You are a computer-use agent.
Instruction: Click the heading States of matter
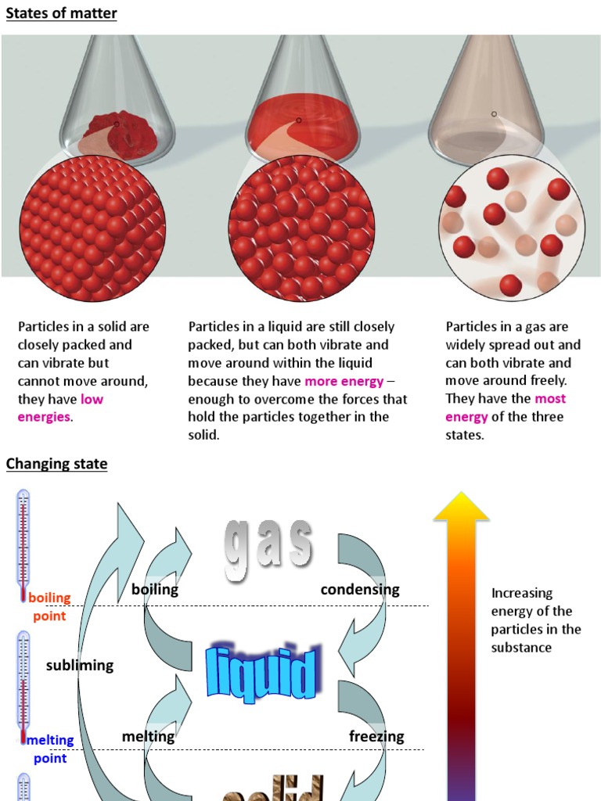click(x=62, y=13)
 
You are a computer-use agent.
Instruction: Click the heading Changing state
click(x=56, y=464)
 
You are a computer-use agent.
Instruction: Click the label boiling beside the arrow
click(x=155, y=590)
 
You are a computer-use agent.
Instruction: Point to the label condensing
click(x=360, y=590)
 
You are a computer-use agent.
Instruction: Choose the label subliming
click(x=80, y=665)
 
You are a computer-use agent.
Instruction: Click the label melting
click(x=148, y=736)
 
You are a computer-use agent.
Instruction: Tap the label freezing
click(x=376, y=736)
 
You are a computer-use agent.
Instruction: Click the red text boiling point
click(x=49, y=607)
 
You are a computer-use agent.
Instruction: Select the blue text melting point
click(x=50, y=749)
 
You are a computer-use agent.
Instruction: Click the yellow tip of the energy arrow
click(x=462, y=508)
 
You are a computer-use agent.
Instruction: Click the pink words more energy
click(x=344, y=381)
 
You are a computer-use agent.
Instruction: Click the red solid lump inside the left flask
click(x=121, y=133)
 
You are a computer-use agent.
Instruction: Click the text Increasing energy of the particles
click(x=536, y=620)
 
